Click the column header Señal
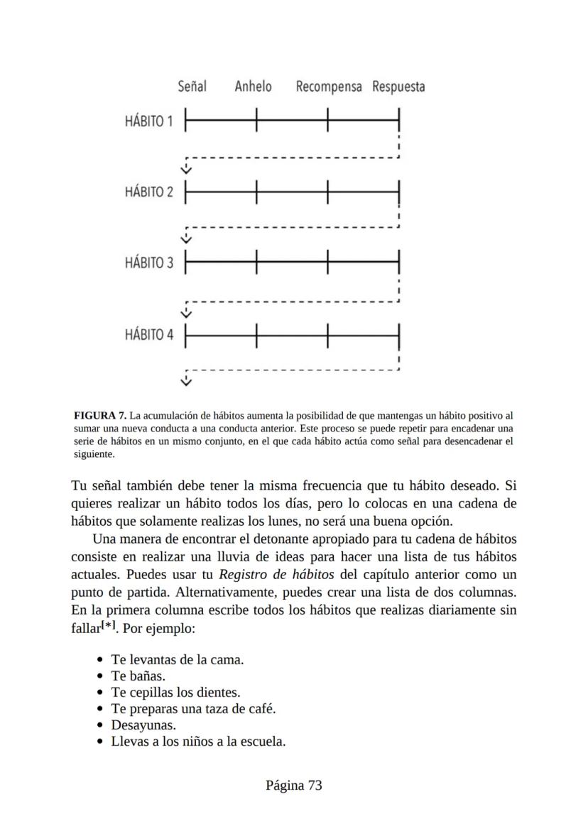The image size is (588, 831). (192, 87)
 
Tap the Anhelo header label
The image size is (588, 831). (253, 87)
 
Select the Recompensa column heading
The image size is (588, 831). (329, 87)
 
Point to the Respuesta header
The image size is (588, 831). (398, 87)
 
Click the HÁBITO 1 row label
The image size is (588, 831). (148, 121)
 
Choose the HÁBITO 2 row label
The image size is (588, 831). (148, 192)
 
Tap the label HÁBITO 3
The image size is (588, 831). (148, 263)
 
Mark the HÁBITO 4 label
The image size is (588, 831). (148, 334)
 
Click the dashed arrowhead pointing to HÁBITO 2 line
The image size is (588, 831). (186, 170)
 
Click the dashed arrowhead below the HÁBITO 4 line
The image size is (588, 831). (186, 383)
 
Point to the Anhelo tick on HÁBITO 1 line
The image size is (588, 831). (256, 121)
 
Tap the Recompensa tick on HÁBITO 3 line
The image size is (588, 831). (327, 263)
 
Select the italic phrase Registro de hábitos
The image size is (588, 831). (269, 574)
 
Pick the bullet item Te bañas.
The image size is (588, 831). (138, 676)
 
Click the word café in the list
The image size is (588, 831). (261, 709)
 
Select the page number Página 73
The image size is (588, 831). (294, 785)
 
